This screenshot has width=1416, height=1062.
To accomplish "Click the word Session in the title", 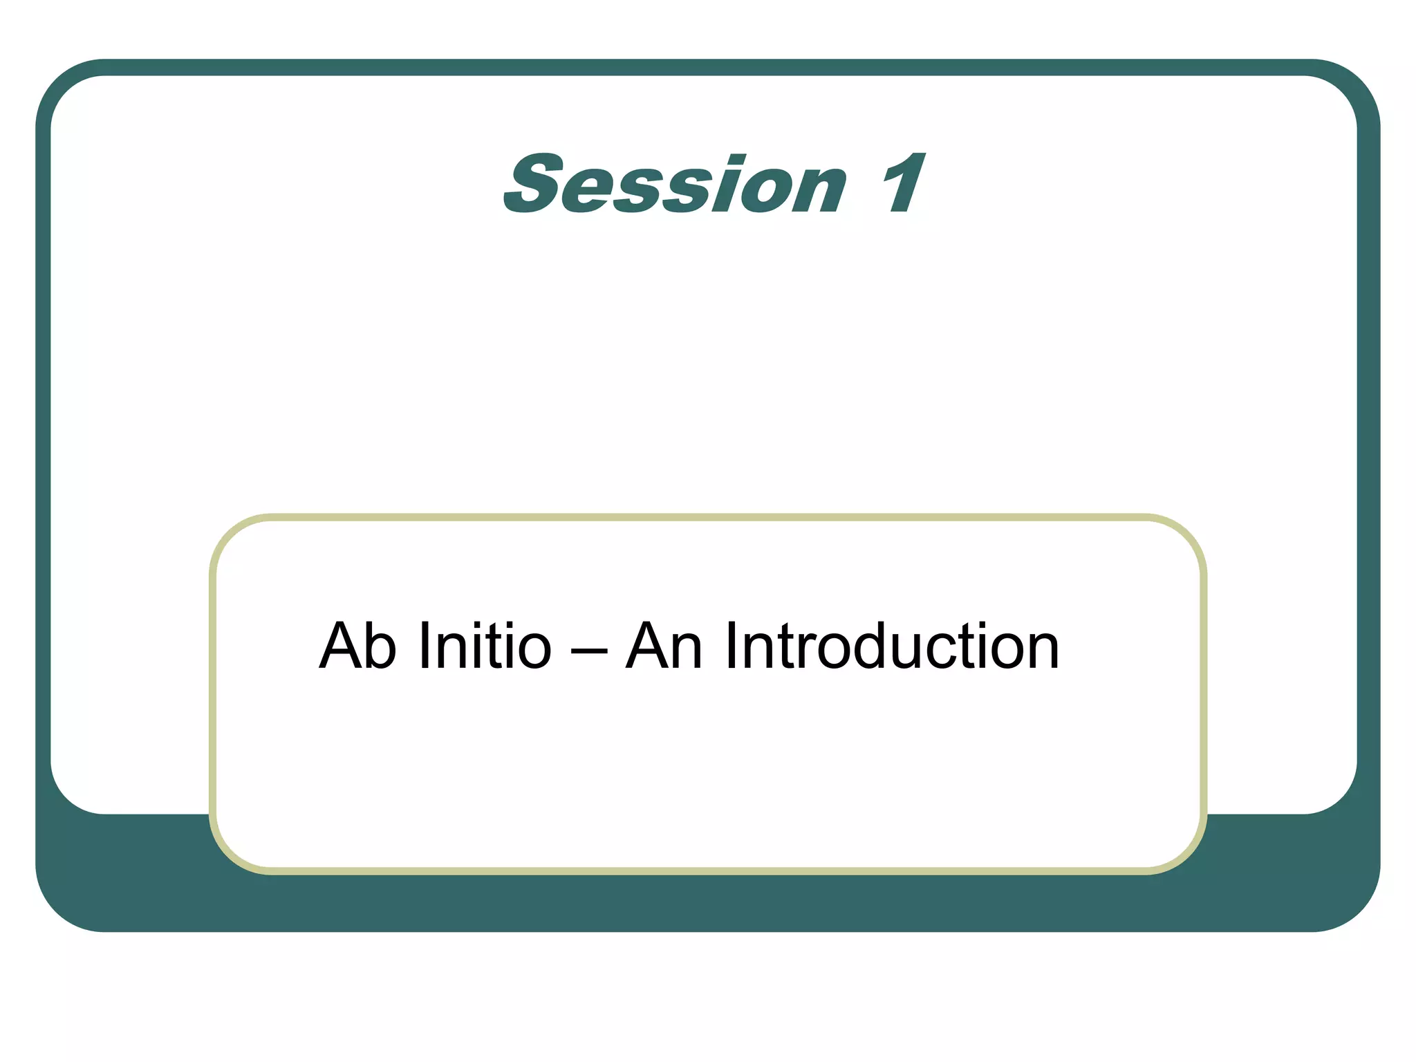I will click(675, 184).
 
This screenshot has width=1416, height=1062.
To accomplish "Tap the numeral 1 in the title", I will click(903, 184).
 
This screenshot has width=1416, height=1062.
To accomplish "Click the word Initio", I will click(485, 646).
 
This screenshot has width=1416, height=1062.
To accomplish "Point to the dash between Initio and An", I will click(589, 651).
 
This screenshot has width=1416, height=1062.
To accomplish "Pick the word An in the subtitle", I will click(664, 646).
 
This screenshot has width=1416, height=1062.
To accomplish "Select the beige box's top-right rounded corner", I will click(1186, 535).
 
